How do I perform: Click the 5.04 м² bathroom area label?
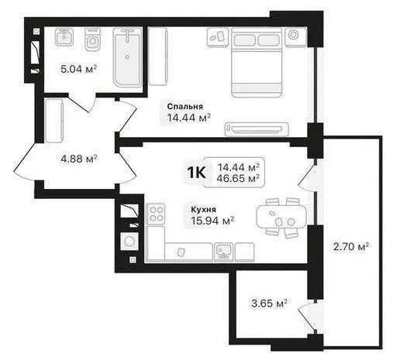(79, 69)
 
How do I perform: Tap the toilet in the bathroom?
(92, 40)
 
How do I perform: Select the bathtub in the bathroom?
(127, 57)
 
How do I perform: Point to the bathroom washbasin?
(64, 37)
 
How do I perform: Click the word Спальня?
(185, 106)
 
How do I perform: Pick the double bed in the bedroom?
(257, 63)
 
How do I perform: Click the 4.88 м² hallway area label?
(79, 159)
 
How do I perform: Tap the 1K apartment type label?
(196, 173)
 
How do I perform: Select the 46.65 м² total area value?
(238, 178)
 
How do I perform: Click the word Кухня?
(204, 209)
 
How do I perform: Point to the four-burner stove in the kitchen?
(156, 214)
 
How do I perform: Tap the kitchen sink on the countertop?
(223, 251)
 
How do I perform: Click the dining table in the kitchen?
(281, 217)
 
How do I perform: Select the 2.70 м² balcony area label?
(351, 246)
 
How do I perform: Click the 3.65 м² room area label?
(269, 303)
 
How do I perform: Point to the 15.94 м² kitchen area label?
(212, 221)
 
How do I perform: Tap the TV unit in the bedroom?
(257, 129)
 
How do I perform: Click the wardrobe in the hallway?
(53, 120)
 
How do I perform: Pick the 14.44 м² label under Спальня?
(189, 118)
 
